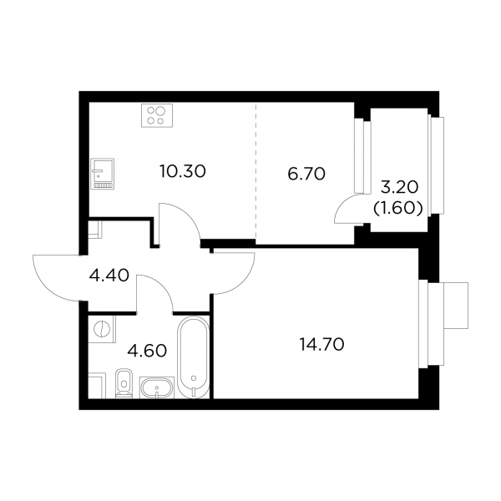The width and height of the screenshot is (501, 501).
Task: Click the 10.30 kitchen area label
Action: (182, 171)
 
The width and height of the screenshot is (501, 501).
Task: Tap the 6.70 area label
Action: (306, 174)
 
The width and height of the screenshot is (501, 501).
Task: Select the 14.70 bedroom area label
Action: (321, 344)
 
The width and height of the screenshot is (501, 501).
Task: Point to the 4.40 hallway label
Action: (109, 275)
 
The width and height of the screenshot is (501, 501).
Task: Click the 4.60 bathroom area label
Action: (147, 351)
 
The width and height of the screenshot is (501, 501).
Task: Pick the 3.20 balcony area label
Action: (399, 188)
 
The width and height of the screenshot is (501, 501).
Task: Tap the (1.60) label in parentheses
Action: (398, 209)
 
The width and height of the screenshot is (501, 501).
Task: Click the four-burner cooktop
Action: (157, 115)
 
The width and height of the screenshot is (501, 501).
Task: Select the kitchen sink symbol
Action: (102, 174)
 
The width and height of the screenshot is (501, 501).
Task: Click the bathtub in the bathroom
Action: (193, 357)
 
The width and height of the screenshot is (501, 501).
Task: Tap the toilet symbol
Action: (124, 384)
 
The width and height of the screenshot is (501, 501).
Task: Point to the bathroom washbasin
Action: (157, 387)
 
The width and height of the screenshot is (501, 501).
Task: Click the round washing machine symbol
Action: (102, 329)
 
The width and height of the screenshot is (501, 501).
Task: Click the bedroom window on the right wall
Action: (432, 323)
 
